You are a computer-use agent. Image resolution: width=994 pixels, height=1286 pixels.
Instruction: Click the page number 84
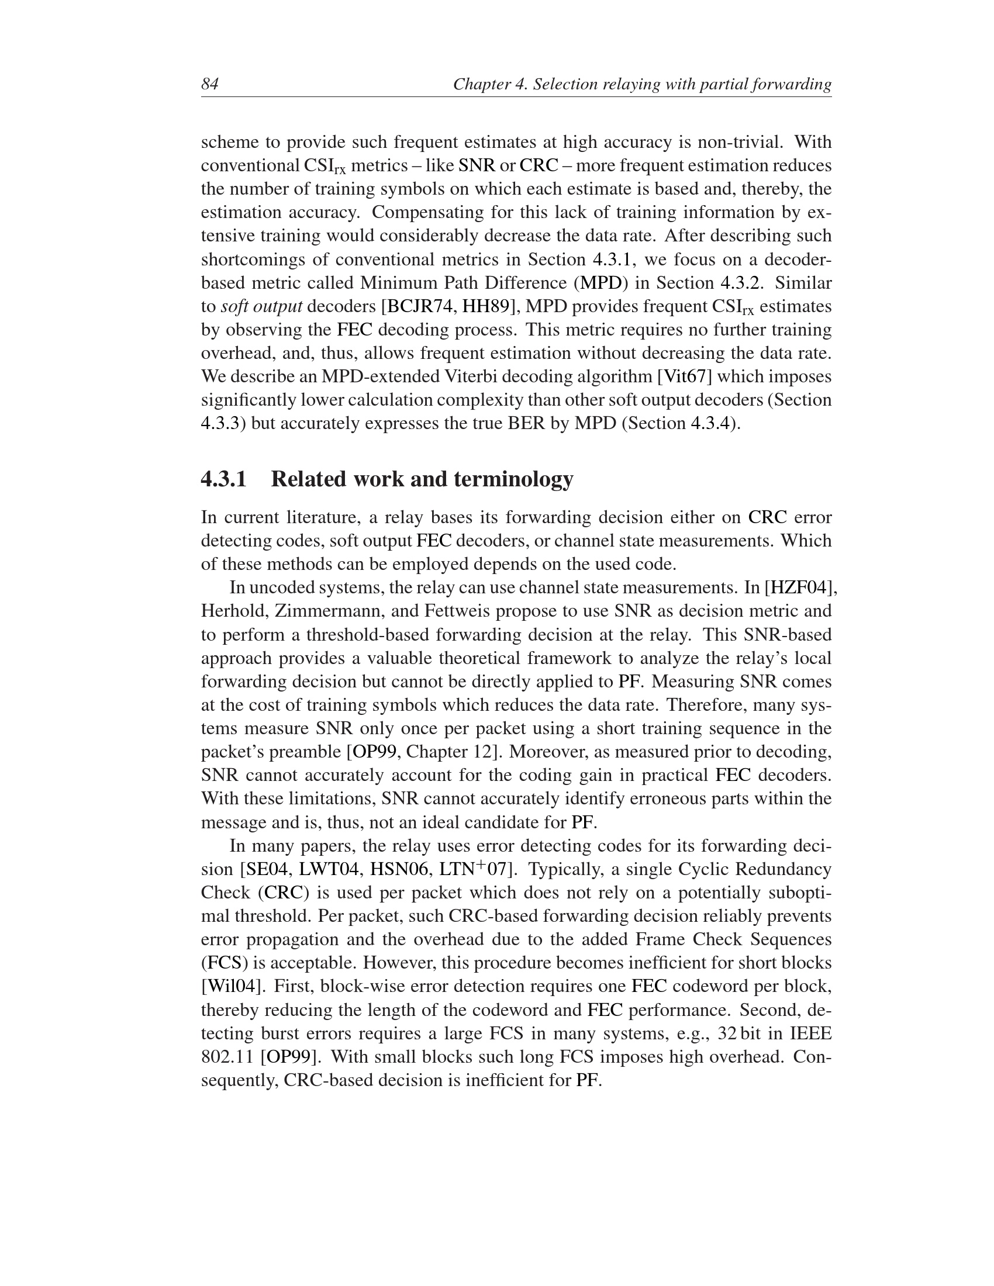pyautogui.click(x=210, y=84)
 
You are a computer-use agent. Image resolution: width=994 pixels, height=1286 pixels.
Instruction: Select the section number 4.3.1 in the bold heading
pyautogui.click(x=224, y=479)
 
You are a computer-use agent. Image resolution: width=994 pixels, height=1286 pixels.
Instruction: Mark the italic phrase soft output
pyautogui.click(x=261, y=306)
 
